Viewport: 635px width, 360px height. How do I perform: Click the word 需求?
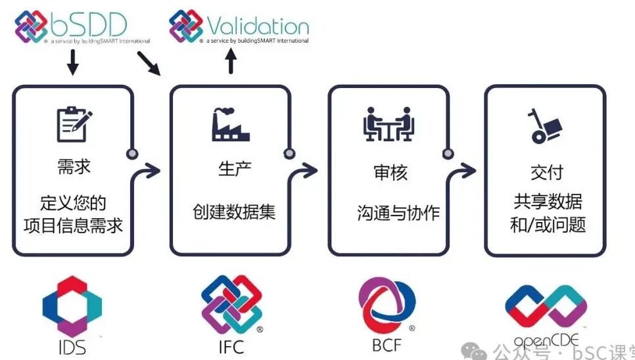click(74, 167)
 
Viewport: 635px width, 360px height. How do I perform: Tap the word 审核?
click(389, 172)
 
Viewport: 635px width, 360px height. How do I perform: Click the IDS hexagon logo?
click(72, 305)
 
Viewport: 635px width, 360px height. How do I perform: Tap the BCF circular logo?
click(387, 304)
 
